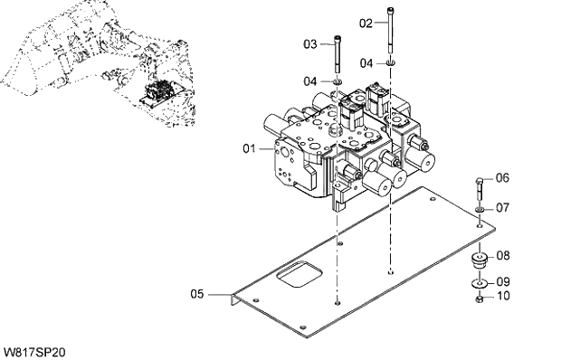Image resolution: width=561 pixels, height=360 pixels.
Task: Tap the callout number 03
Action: point(309,43)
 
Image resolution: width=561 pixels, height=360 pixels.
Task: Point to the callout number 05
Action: point(198,293)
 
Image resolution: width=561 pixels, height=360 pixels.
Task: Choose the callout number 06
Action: point(502,177)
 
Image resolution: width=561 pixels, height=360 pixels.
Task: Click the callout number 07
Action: point(502,207)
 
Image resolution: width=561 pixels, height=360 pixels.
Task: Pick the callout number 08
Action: point(502,256)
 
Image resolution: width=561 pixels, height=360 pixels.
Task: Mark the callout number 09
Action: point(502,280)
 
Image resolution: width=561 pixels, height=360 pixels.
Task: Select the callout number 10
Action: point(502,296)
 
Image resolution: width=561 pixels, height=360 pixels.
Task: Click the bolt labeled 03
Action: point(337,56)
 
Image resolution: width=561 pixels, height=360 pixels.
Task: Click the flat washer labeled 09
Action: point(479,284)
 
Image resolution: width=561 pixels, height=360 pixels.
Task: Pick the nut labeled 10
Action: point(479,298)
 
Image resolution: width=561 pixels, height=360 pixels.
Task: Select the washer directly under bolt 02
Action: point(390,62)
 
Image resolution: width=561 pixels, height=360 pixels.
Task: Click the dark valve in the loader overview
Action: point(160,92)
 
